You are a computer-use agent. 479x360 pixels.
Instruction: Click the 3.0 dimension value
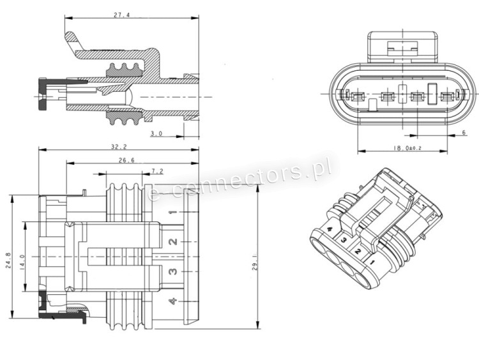(156, 133)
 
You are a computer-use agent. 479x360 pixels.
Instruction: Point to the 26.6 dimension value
(126, 160)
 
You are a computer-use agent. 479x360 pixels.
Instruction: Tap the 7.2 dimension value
(157, 171)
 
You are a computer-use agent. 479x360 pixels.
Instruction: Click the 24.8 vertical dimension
(8, 261)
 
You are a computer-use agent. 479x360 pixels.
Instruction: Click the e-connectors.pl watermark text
(240, 180)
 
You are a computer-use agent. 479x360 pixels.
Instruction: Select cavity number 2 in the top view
(172, 241)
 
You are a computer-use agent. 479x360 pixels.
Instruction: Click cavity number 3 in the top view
(172, 271)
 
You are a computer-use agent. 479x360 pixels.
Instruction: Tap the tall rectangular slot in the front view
(432, 94)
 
